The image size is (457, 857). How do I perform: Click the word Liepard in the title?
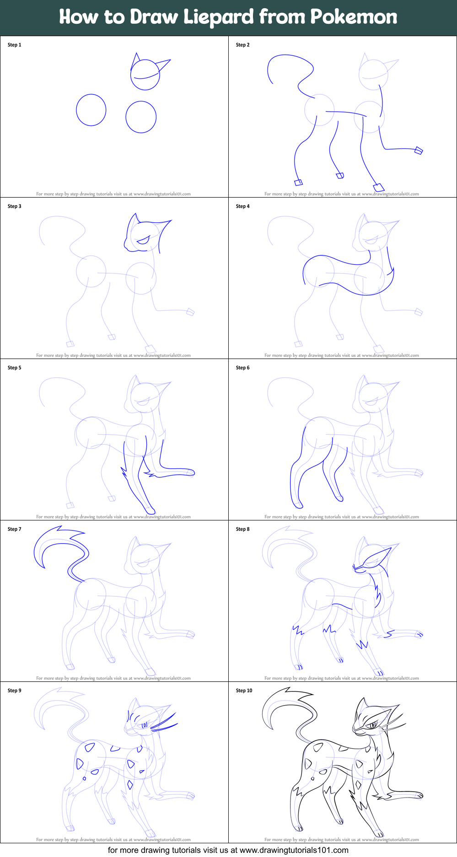219,17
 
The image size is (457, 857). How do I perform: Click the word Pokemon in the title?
354,17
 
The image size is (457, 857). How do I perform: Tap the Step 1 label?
14,45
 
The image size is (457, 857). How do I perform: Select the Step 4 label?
242,206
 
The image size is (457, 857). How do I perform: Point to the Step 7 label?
14,529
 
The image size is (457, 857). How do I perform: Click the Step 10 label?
244,691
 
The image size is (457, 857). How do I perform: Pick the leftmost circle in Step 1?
91,110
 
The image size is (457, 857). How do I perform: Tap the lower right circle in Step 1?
141,117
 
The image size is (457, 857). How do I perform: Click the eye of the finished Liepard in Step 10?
373,725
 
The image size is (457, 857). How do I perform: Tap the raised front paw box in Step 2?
418,150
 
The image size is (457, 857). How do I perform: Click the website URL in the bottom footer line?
294,850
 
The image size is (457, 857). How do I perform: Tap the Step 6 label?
242,368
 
